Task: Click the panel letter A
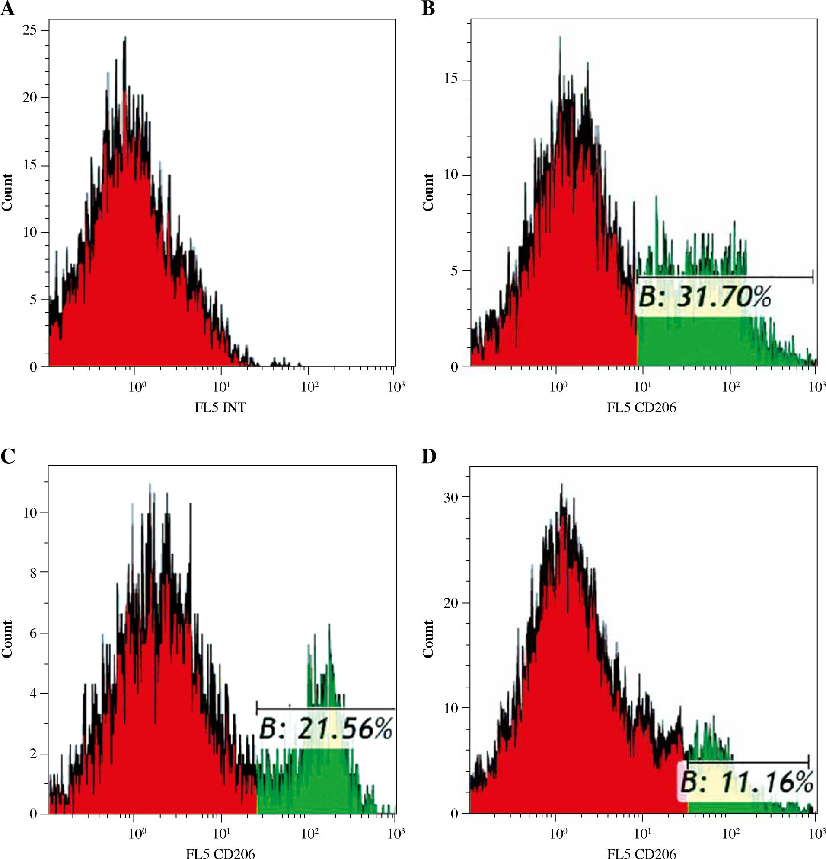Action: click(x=7, y=9)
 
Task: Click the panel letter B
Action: click(x=428, y=9)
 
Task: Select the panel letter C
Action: click(x=7, y=456)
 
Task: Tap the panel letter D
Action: click(x=428, y=456)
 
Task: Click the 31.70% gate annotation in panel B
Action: click(x=704, y=297)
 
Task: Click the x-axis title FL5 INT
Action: click(x=220, y=407)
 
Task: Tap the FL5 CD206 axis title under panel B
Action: click(x=641, y=407)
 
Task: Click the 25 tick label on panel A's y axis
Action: click(x=30, y=30)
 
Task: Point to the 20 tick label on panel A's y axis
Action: click(x=30, y=97)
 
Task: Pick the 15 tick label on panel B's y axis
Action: click(x=451, y=79)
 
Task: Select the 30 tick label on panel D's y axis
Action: click(x=451, y=497)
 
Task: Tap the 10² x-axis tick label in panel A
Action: click(x=309, y=387)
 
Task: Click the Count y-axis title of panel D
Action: click(x=428, y=639)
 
